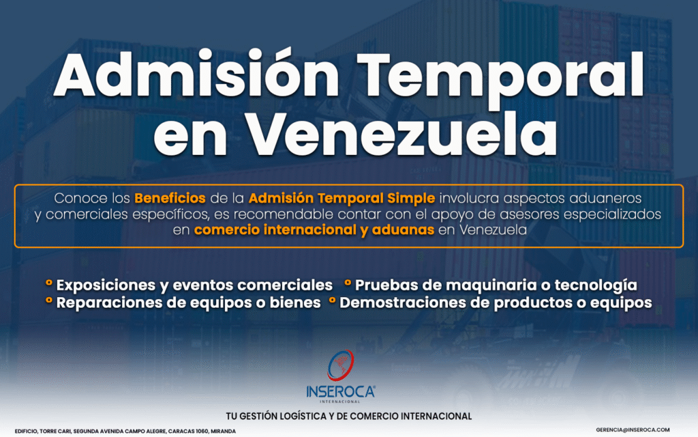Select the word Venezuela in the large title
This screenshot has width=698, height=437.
tap(401, 133)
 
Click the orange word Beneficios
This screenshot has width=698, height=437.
tap(170, 198)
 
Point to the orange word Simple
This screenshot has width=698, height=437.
tap(411, 199)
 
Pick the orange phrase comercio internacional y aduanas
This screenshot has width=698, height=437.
tap(314, 230)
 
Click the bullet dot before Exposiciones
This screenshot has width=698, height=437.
tap(49, 282)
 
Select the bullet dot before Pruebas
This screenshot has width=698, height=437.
tap(348, 282)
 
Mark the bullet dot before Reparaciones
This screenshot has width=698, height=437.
tap(49, 300)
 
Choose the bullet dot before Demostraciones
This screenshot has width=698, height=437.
tap(332, 300)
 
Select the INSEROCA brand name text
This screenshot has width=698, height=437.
tap(341, 392)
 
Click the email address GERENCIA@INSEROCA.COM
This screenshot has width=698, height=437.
tap(633, 430)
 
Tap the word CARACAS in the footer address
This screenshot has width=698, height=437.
tap(180, 432)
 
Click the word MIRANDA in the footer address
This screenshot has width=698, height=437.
tap(224, 432)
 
